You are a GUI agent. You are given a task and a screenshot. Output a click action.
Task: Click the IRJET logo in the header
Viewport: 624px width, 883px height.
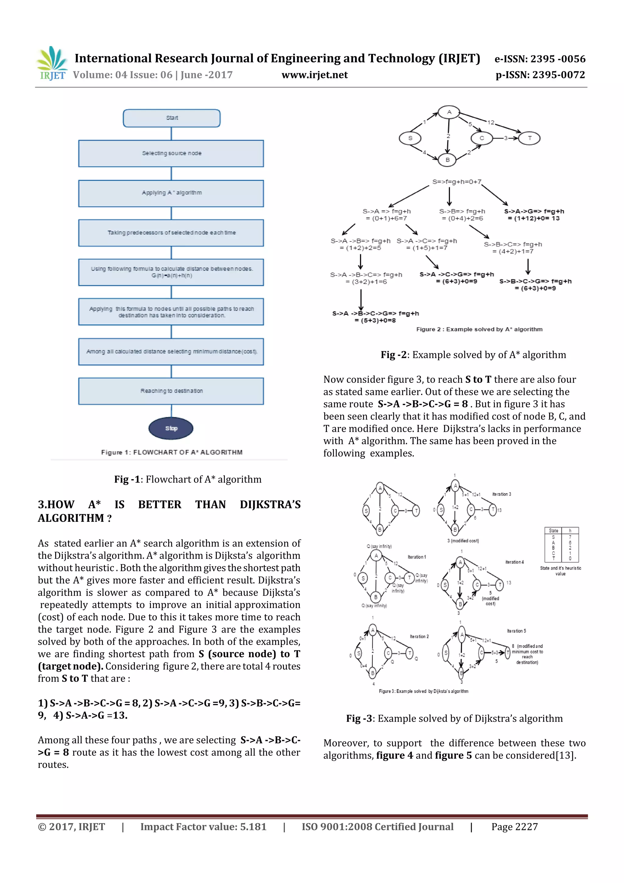pyautogui.click(x=52, y=63)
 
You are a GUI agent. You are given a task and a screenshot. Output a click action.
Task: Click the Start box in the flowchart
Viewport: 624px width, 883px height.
pyautogui.click(x=172, y=118)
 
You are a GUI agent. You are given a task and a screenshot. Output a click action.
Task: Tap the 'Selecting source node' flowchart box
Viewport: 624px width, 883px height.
pyautogui.click(x=171, y=153)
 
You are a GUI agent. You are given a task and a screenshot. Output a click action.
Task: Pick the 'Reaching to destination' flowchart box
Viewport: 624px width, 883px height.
pyautogui.click(x=171, y=391)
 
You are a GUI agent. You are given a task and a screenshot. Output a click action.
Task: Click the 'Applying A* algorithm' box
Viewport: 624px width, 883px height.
pyautogui.click(x=171, y=193)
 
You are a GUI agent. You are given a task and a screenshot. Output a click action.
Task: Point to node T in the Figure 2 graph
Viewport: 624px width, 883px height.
pyautogui.click(x=530, y=138)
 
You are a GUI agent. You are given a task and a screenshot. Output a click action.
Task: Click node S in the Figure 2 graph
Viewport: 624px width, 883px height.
pyautogui.click(x=410, y=138)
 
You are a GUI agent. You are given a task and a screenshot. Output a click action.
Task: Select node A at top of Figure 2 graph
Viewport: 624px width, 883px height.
pyautogui.click(x=449, y=112)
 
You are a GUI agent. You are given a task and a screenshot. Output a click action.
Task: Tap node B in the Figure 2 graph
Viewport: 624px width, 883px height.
pyautogui.click(x=447, y=160)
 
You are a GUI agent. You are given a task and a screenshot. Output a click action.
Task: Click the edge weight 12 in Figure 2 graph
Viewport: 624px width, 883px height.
pyautogui.click(x=491, y=122)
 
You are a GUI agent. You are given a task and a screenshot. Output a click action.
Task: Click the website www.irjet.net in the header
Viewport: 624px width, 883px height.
pyautogui.click(x=314, y=75)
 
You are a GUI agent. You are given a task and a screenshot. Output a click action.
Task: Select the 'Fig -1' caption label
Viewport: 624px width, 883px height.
pyautogui.click(x=126, y=479)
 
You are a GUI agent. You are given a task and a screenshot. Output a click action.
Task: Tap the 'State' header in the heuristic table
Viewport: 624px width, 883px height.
pyautogui.click(x=553, y=530)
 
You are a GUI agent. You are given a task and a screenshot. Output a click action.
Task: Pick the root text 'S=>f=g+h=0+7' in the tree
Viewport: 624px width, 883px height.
pyautogui.click(x=456, y=182)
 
